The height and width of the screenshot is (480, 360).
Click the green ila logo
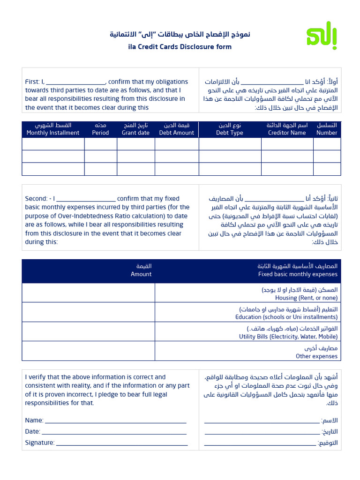[x=322, y=35]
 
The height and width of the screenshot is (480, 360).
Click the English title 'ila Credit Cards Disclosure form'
[x=180, y=47]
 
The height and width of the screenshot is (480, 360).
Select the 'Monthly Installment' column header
[x=53, y=133]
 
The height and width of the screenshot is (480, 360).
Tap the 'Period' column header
[x=100, y=133]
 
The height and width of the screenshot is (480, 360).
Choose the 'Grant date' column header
[x=135, y=133]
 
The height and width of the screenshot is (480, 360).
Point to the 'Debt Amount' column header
[x=176, y=133]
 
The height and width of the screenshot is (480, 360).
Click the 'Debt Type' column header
[x=230, y=133]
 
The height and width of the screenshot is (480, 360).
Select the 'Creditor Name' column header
[x=287, y=133]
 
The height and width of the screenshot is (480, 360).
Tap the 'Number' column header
[x=327, y=133]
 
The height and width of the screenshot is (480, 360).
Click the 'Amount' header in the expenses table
[x=141, y=274]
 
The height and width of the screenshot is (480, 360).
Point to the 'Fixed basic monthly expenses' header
[x=298, y=274]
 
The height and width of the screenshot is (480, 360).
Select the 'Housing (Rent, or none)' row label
[x=306, y=298]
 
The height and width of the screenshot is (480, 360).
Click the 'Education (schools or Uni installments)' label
[x=286, y=317]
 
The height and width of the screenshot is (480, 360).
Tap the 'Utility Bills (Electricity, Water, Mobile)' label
[x=288, y=337]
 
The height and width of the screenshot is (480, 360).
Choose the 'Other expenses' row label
[x=316, y=356]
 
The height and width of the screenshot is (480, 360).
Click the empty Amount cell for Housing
[x=88, y=293]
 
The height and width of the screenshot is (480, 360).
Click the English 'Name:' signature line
[x=115, y=420]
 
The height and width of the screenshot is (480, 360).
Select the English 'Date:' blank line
[x=114, y=432]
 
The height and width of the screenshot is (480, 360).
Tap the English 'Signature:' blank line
[x=121, y=443]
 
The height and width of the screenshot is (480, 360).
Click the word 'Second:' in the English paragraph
[x=36, y=199]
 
